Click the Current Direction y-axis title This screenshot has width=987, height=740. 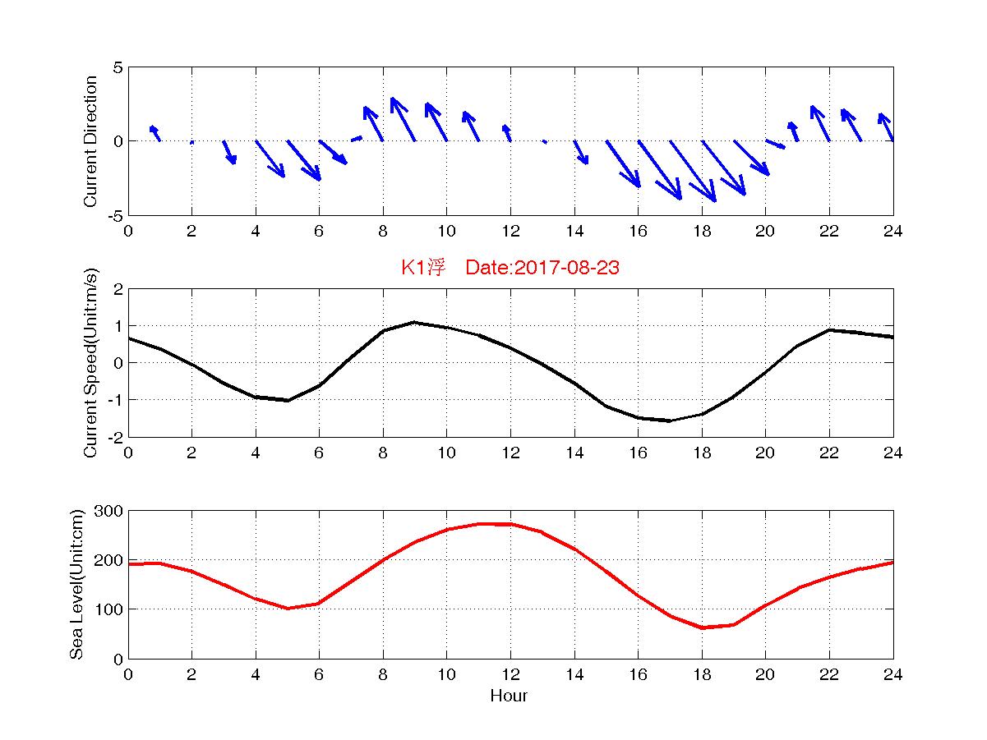[x=91, y=141]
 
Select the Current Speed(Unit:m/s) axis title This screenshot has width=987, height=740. [x=91, y=362]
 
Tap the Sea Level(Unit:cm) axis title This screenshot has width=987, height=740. [x=77, y=584]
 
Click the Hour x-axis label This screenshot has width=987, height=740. [x=509, y=696]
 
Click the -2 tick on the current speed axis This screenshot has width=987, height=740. [x=115, y=437]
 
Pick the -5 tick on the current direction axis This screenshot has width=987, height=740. [x=115, y=215]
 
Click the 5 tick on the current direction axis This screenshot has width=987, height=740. [x=118, y=67]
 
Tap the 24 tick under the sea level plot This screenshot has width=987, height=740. [x=892, y=674]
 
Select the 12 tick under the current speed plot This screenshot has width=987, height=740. [x=510, y=453]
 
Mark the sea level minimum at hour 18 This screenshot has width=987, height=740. [x=702, y=627]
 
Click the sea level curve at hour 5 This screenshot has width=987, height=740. [x=288, y=608]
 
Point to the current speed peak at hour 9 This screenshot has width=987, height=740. [x=415, y=322]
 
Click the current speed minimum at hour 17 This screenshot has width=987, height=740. [x=670, y=421]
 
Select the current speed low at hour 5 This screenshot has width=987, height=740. [x=288, y=400]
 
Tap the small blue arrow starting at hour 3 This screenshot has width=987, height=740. [x=229, y=152]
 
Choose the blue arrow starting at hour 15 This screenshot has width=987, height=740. [x=623, y=163]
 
